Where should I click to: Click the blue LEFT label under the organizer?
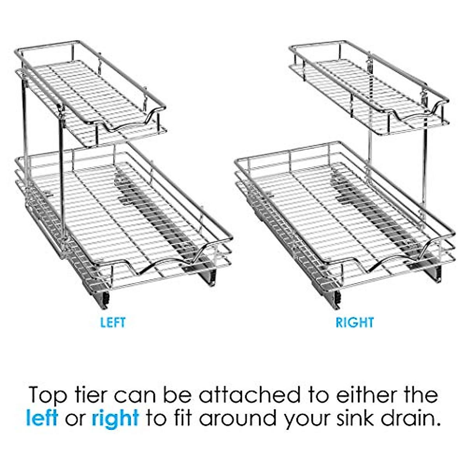(x=113, y=323)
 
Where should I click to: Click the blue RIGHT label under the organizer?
(x=355, y=323)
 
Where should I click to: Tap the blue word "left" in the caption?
(x=42, y=418)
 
